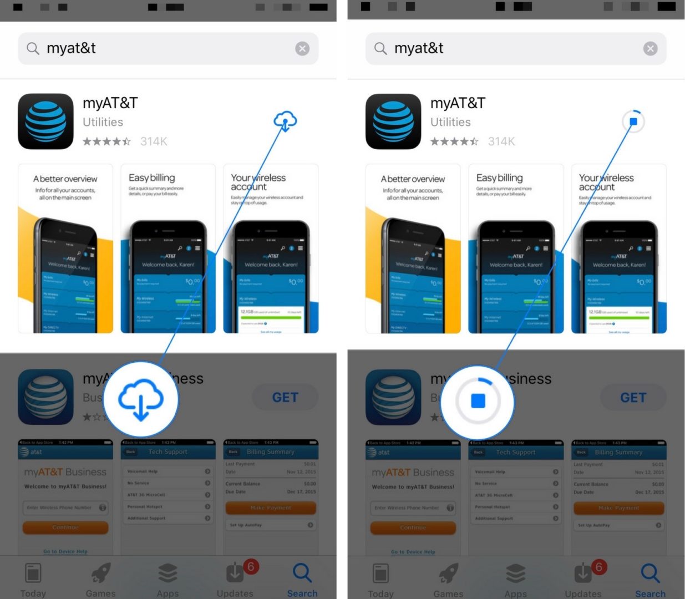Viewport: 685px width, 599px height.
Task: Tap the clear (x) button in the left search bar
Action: [x=302, y=49]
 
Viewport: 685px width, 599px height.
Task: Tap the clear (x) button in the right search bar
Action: [x=650, y=49]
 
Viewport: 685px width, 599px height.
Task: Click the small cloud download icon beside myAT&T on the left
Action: [x=285, y=121]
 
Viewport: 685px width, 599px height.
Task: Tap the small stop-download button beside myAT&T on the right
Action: [x=633, y=121]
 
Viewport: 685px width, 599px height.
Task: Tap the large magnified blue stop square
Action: [x=478, y=401]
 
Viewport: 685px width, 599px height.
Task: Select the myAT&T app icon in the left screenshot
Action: [x=45, y=121]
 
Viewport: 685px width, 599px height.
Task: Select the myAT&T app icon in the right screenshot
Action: [x=393, y=121]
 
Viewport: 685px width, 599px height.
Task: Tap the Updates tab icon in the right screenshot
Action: [x=582, y=573]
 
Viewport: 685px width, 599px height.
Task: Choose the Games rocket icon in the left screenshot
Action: [x=101, y=573]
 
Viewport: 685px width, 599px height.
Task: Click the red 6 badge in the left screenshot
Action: [x=251, y=566]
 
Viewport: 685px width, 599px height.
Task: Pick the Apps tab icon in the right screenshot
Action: [x=515, y=573]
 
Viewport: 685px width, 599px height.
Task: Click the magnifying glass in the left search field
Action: [x=33, y=49]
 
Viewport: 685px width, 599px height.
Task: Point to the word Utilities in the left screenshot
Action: [x=103, y=122]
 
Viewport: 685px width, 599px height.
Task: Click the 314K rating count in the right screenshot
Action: [x=501, y=141]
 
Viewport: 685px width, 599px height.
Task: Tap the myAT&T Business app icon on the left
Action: [x=45, y=397]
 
